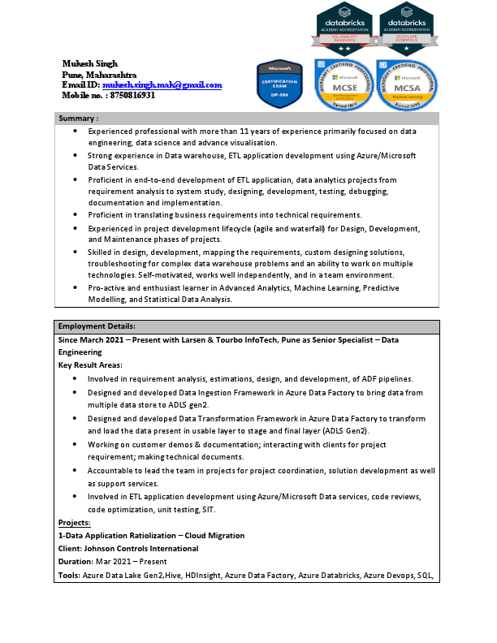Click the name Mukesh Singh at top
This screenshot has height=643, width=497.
90,63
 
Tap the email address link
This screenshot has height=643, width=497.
162,84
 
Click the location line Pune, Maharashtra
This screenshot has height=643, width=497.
100,74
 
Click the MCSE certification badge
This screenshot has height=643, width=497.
344,84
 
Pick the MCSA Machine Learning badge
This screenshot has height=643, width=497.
407,84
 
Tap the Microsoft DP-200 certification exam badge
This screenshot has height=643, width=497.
279,84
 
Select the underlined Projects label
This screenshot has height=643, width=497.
75,522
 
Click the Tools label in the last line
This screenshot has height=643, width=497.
69,575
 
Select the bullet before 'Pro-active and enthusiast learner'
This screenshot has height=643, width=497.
76,287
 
